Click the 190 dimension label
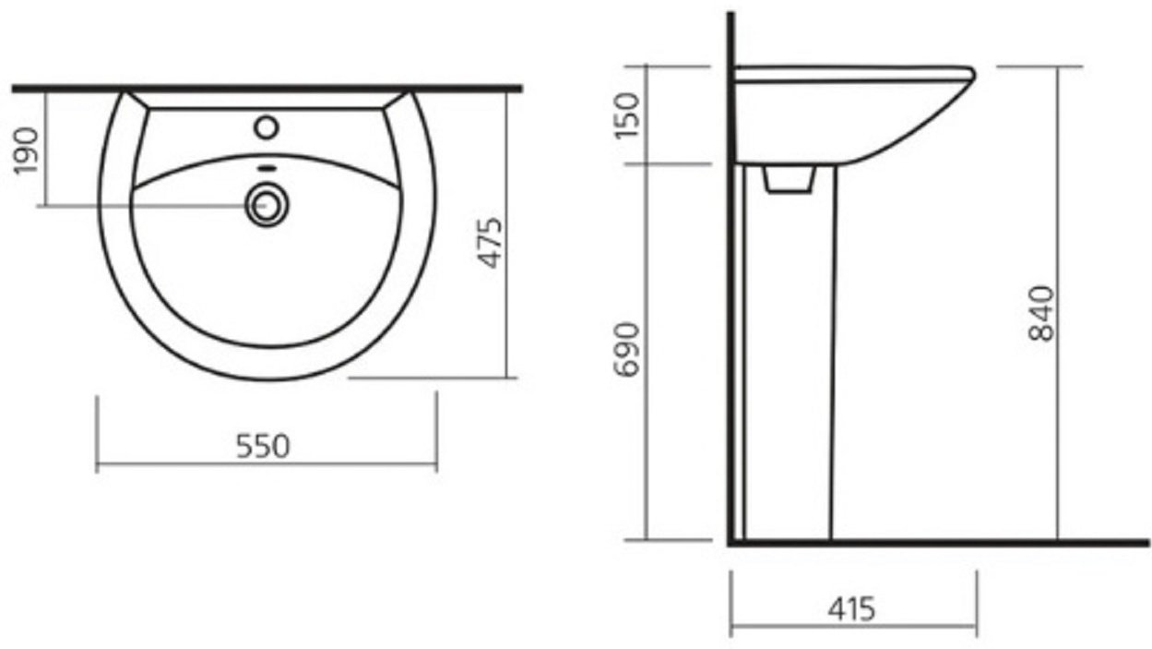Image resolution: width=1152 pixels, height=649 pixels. click(x=26, y=151)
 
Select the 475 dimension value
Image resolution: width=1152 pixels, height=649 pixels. click(x=489, y=243)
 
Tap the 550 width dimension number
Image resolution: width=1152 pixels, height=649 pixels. click(x=263, y=447)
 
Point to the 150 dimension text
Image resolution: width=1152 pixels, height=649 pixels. click(x=627, y=115)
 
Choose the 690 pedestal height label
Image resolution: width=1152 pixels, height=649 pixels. click(x=627, y=350)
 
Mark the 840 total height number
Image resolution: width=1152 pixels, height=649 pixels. click(x=1041, y=314)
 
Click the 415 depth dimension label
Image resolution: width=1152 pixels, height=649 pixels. click(x=851, y=609)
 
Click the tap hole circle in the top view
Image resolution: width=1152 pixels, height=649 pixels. click(x=267, y=127)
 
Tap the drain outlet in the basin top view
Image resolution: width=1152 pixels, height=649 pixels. click(x=267, y=205)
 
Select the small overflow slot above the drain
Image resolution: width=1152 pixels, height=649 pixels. click(x=267, y=168)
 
